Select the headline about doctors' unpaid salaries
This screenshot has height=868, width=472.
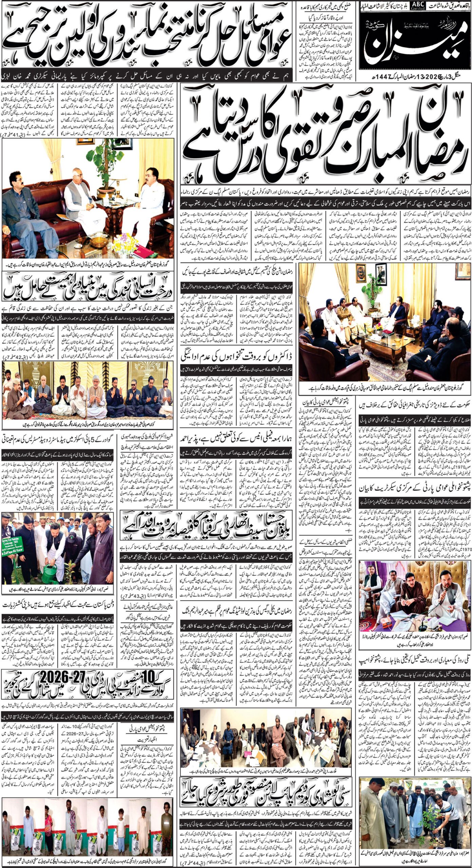coord(239,358)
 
